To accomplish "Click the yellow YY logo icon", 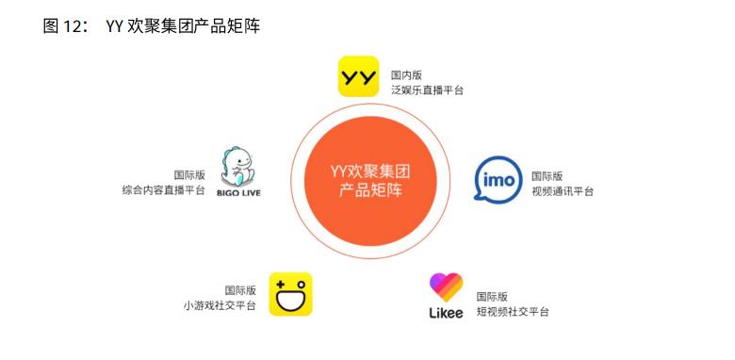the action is coord(358,77).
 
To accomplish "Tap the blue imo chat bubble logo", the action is coord(498,181).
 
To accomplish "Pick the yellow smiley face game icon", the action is coord(290,294).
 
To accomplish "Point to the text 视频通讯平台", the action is coord(563,191).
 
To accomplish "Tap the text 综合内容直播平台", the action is coord(164,191).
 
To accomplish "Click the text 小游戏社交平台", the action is coord(219,306).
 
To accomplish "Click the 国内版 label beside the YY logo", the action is coord(407,74).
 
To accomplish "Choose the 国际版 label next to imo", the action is coord(547,175).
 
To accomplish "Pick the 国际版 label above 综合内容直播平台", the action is coord(189,175).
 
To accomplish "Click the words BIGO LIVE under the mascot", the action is coord(238,193).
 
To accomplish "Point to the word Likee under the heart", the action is coord(446,313).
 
